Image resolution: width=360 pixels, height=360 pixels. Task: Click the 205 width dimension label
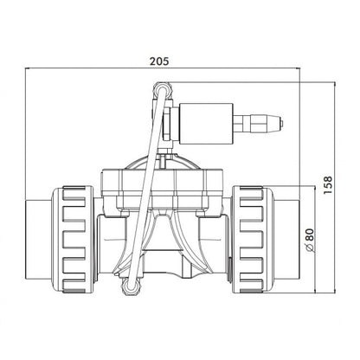tap(159, 61)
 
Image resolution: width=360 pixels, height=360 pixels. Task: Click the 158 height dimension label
tap(327, 184)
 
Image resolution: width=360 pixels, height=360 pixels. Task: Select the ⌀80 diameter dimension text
tap(309, 241)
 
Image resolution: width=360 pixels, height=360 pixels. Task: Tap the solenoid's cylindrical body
tap(206, 124)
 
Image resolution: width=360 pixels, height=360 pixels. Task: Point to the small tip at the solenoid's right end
tap(281, 124)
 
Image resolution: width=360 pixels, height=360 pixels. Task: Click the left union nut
tap(73, 240)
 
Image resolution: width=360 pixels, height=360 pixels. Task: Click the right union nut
tap(252, 240)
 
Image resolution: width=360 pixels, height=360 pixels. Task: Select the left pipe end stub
tap(39, 240)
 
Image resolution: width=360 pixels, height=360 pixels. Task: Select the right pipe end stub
tap(286, 240)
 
